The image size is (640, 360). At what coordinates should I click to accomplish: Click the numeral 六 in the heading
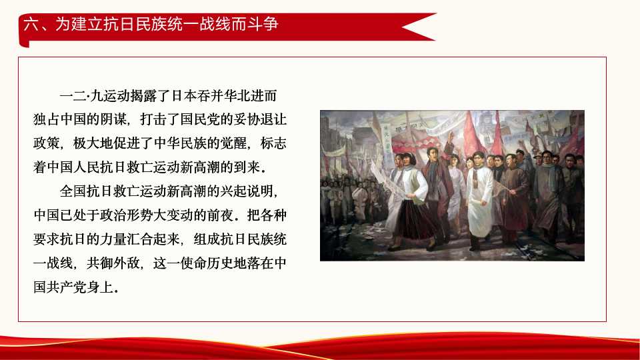[x=29, y=25]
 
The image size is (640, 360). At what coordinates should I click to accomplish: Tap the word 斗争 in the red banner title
[x=264, y=25]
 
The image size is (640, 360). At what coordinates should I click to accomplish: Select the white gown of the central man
[x=479, y=200]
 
